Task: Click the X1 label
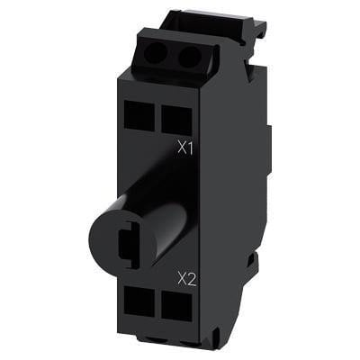(x=185, y=148)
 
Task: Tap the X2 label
(x=187, y=279)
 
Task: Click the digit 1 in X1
(x=190, y=148)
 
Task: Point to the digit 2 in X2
(x=192, y=279)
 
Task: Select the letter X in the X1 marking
(x=182, y=148)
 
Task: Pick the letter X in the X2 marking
(x=182, y=279)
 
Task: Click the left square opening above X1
(x=139, y=116)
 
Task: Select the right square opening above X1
(x=176, y=119)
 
